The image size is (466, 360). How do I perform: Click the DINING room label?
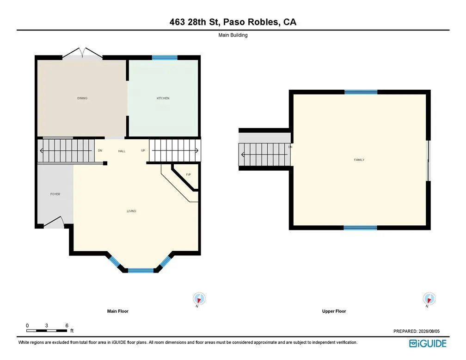point(82,98)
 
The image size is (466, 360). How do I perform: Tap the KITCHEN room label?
point(163,98)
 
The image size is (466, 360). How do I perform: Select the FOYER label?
point(55,194)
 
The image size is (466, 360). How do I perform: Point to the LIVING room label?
point(131,211)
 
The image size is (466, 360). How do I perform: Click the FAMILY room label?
point(359,160)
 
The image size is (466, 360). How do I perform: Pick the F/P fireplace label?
point(189,175)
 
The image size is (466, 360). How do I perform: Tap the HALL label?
point(122,151)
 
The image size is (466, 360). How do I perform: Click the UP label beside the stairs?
point(143,151)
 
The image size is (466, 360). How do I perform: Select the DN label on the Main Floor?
point(100,151)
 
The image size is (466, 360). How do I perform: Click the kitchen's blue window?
point(165,58)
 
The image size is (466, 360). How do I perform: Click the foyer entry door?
point(54,223)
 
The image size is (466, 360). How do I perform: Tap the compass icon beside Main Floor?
point(199,299)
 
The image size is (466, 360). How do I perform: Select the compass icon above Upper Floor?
point(429,299)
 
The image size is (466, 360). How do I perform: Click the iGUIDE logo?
point(428,344)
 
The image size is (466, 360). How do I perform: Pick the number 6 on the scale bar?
point(67,326)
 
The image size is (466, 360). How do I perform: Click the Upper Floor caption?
point(334,311)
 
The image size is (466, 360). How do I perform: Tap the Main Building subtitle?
point(233,35)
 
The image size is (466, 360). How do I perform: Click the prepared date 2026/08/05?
point(429,331)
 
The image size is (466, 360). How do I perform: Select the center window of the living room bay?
point(141,271)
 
